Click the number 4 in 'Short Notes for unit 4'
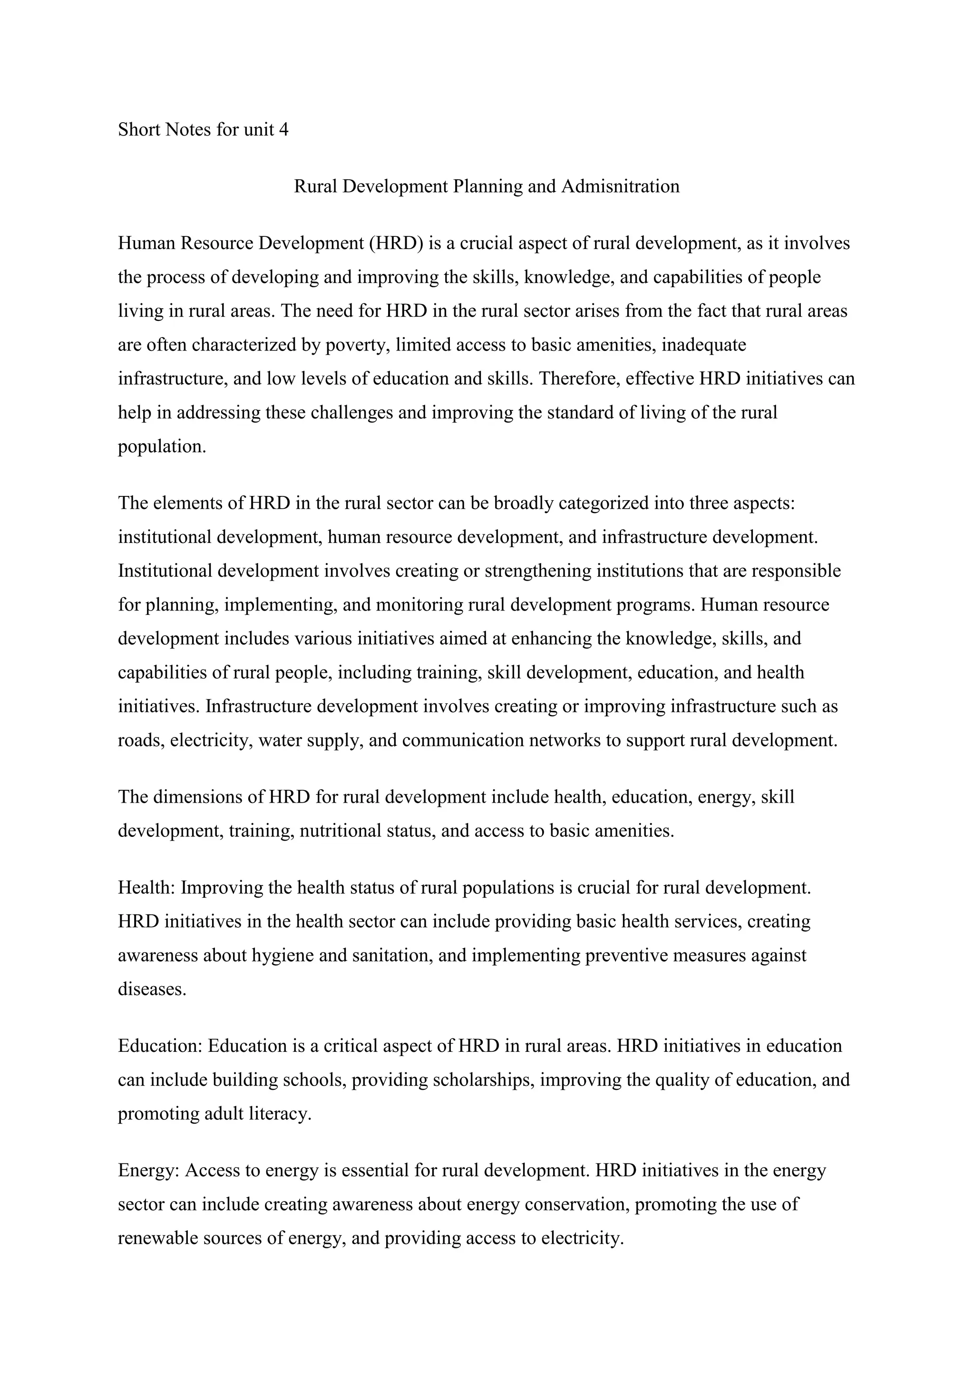(x=283, y=129)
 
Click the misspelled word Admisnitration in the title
(x=620, y=186)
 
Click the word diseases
(x=152, y=989)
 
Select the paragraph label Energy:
(x=149, y=1170)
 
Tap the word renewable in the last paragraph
(x=158, y=1238)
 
